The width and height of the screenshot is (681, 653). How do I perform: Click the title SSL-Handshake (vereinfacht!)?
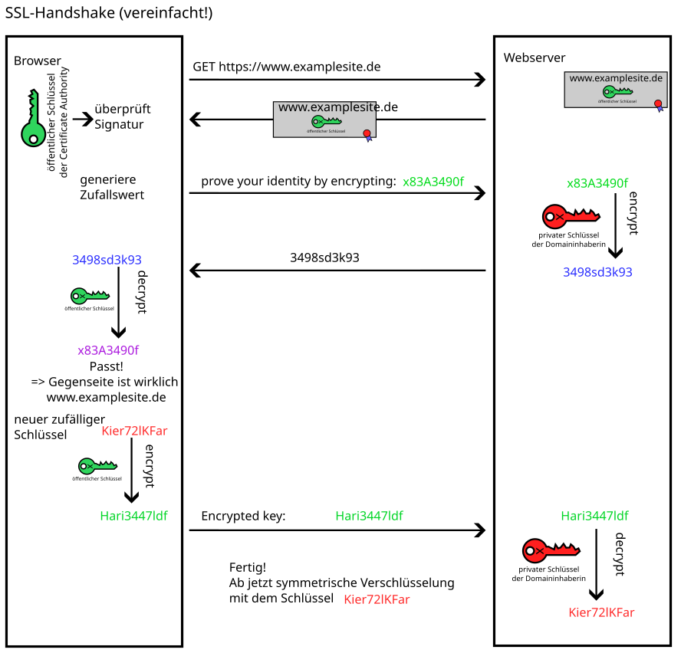pos(109,13)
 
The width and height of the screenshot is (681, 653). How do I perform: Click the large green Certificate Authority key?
pos(31,119)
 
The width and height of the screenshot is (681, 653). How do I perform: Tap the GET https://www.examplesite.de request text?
pos(286,67)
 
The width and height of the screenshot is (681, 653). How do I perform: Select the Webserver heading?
pos(535,58)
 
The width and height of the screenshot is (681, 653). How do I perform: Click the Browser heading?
pos(38,61)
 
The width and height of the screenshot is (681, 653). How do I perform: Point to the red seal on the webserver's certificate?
pos(657,103)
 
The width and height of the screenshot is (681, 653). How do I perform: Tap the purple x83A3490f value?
pos(108,350)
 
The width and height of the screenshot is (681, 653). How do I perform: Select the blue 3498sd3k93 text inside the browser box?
pos(107,260)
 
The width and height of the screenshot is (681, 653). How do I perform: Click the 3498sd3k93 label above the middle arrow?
pos(324,258)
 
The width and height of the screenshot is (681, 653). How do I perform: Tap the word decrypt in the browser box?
pos(141,291)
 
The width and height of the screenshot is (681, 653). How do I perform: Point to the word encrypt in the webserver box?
pos(633,212)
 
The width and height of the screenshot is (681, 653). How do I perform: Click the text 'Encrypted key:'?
pos(243,517)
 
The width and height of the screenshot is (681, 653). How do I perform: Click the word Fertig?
pos(248,568)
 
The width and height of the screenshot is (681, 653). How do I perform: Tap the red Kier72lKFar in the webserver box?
pos(601,612)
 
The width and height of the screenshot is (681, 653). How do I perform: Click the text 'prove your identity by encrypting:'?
pos(298,182)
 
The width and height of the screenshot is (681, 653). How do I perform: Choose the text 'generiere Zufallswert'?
pos(112,187)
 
